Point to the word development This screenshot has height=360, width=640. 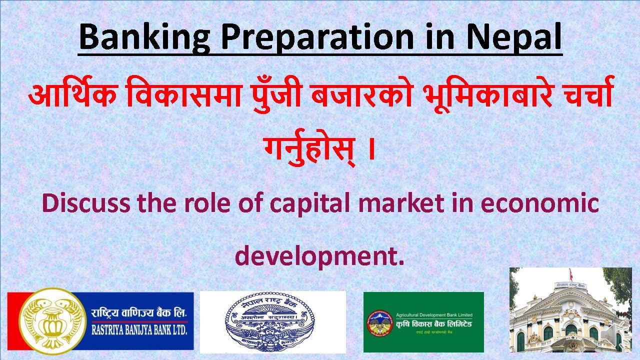tap(319, 255)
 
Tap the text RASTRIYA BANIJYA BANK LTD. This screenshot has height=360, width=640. tap(139, 329)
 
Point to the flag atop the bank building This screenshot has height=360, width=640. tap(569, 274)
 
